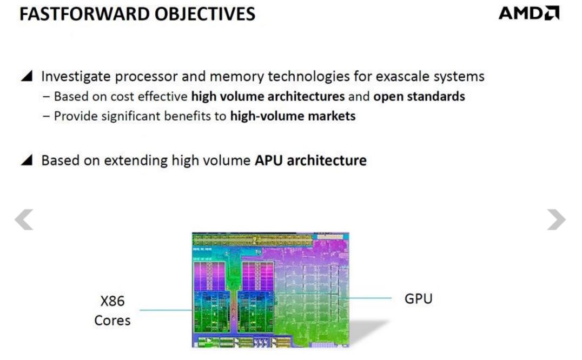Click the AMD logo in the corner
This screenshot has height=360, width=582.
click(x=528, y=14)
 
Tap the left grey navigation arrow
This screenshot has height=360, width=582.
click(x=24, y=219)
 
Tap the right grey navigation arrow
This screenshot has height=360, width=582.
click(x=556, y=219)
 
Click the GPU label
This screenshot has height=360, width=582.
click(x=418, y=298)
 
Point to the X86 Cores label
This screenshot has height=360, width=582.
click(x=112, y=311)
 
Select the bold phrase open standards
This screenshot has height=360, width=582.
click(x=419, y=97)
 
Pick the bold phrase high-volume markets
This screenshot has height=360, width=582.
click(x=293, y=116)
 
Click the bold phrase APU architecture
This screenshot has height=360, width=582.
click(x=310, y=161)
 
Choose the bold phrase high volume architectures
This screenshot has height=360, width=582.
click(x=268, y=97)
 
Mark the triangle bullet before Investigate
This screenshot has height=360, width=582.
click(x=27, y=76)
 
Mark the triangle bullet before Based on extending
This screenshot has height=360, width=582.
click(x=27, y=161)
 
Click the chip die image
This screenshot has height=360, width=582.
click(x=270, y=289)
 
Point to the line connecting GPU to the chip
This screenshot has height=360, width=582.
click(x=370, y=298)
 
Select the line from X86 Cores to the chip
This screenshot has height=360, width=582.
click(x=165, y=310)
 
